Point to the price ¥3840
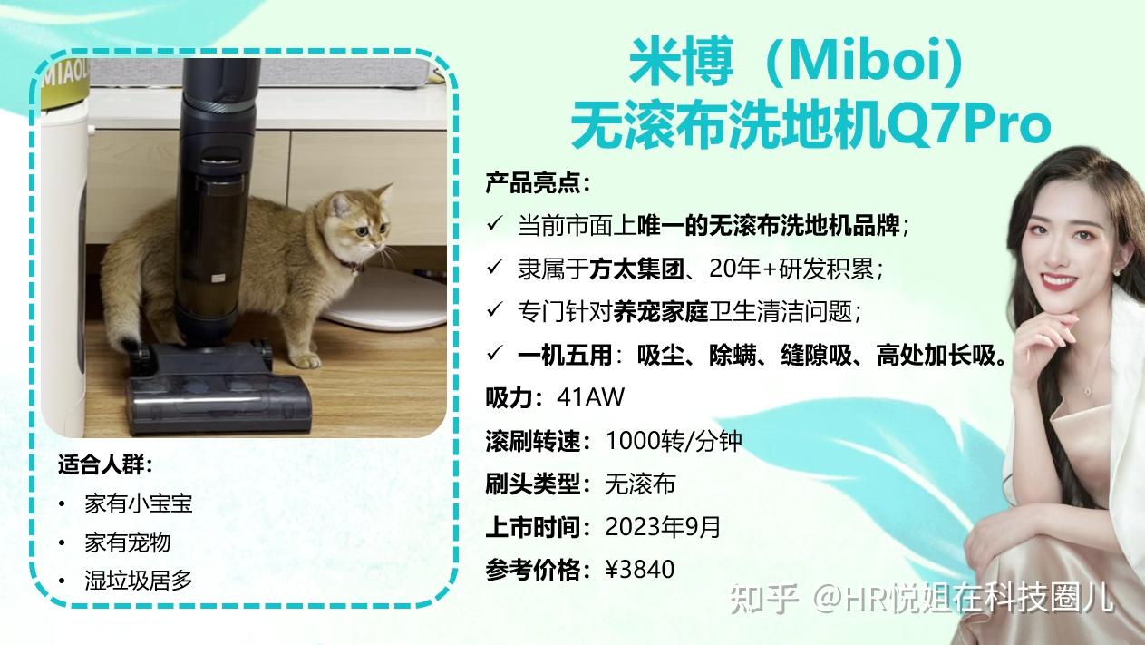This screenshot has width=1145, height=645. tap(640, 570)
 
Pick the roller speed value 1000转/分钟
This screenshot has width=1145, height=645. tap(673, 441)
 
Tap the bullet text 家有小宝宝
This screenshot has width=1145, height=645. tap(138, 503)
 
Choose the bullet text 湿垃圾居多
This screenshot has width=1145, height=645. tap(138, 581)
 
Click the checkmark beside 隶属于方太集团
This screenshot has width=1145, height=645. tap(495, 268)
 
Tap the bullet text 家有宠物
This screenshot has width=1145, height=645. tap(127, 542)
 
